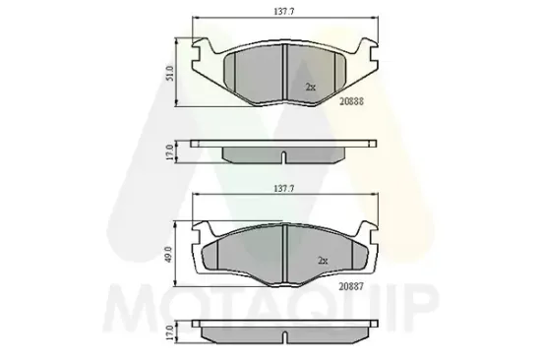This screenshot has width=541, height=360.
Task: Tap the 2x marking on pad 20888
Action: pos(310,88)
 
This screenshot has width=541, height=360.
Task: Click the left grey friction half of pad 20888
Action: pos(253,73)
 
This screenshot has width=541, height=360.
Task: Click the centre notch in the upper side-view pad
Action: pos(283,156)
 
